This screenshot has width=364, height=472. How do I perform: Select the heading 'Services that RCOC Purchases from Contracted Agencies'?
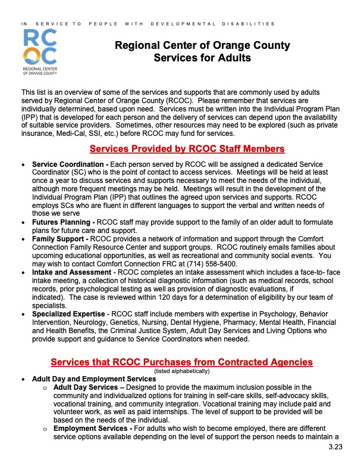coord(181,362)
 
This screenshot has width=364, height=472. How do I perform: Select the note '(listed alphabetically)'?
coord(181,371)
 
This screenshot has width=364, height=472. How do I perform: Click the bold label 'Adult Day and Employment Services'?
coord(86,378)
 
